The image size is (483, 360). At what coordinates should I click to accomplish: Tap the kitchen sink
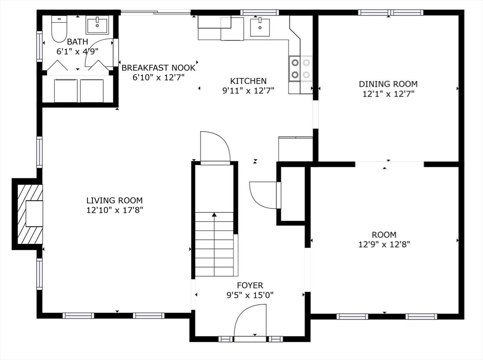click(x=258, y=26)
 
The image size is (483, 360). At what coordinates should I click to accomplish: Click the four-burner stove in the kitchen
click(x=300, y=68)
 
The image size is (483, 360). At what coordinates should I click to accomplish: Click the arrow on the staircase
click(x=215, y=215)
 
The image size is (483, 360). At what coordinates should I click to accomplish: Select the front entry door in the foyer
click(x=250, y=322)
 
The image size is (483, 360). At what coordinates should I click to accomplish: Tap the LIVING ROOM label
click(x=114, y=201)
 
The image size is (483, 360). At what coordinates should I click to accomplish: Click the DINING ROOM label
click(x=388, y=84)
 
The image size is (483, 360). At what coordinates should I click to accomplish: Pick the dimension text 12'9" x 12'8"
click(x=383, y=244)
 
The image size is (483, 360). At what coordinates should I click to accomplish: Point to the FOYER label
click(x=250, y=285)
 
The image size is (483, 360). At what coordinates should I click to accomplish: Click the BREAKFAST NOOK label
click(x=158, y=67)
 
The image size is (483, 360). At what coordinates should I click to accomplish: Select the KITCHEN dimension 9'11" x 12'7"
click(x=248, y=90)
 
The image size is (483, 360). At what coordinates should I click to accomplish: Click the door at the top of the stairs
click(x=215, y=147)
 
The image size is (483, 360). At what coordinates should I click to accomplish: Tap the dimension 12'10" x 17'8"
click(x=114, y=210)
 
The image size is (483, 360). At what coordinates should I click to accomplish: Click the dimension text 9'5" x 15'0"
click(x=250, y=295)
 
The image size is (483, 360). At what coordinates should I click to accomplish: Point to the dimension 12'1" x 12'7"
click(x=388, y=93)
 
